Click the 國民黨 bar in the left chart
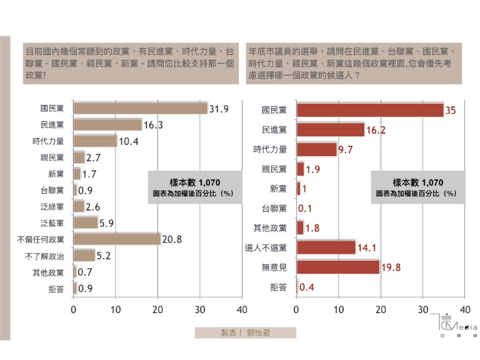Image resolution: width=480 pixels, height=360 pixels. (x=140, y=108)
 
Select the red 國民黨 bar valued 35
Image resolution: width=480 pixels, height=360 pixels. (x=370, y=110)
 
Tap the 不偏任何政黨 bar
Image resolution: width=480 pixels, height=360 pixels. (x=117, y=239)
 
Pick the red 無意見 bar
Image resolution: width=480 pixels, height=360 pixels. (x=338, y=267)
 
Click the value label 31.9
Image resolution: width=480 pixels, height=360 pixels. (x=219, y=109)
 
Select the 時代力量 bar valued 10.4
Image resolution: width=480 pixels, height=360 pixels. (x=95, y=141)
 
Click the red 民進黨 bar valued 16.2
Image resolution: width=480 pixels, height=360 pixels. (x=331, y=129)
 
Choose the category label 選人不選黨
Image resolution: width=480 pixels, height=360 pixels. (x=266, y=247)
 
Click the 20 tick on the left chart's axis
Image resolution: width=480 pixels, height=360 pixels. (x=157, y=309)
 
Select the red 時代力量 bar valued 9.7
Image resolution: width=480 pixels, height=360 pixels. (x=317, y=149)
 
